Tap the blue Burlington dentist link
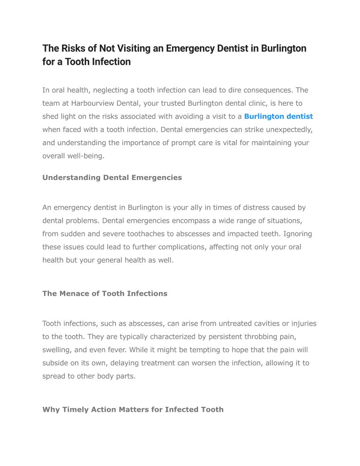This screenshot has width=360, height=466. pyautogui.click(x=278, y=116)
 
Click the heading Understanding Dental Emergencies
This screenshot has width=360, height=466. pyautogui.click(x=112, y=177)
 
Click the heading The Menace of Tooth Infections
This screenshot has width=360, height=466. pyautogui.click(x=105, y=293)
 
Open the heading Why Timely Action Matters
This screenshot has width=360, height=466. pyautogui.click(x=133, y=410)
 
